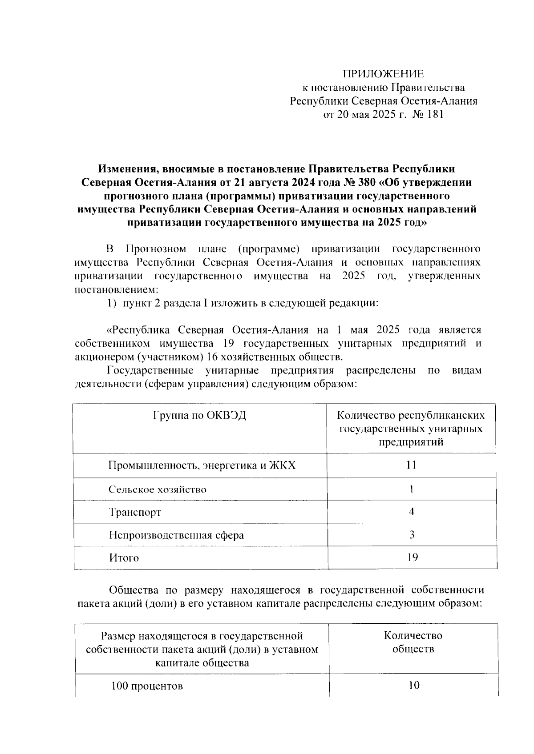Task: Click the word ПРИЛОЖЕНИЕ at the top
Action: [x=383, y=74]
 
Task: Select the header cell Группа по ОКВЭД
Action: [x=200, y=416]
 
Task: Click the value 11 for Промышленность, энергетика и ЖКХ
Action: [x=412, y=465]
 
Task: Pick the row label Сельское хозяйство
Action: [x=158, y=489]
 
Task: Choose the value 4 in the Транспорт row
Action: [x=412, y=512]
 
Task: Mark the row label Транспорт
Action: [x=135, y=512]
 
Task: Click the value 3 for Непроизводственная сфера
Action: [x=412, y=535]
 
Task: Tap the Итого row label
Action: [x=124, y=557]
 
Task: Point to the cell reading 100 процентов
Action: [x=147, y=686]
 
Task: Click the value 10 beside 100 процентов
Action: [x=413, y=686]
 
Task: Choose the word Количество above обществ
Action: [x=413, y=636]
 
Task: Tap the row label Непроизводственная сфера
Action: [x=177, y=535]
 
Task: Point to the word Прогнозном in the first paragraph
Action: [x=156, y=249]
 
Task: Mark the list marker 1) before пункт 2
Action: [x=112, y=304]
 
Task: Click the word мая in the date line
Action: [x=361, y=115]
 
